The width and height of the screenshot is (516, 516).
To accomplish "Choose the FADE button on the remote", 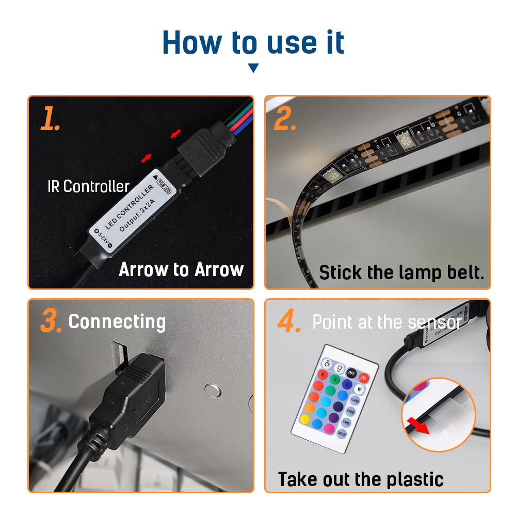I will coord(346,423).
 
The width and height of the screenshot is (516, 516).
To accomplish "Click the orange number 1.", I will coord(51,119).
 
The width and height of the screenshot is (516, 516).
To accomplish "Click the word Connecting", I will coord(117,321).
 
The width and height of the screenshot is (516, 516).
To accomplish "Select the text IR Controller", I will coord(88,186).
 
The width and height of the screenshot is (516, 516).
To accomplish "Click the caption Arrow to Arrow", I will coord(181,269).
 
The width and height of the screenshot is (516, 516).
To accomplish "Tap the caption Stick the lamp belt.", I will coord(401,272).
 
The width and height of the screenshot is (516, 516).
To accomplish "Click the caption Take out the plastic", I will coord(361,479).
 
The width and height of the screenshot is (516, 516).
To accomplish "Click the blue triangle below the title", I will coord(253,68).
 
